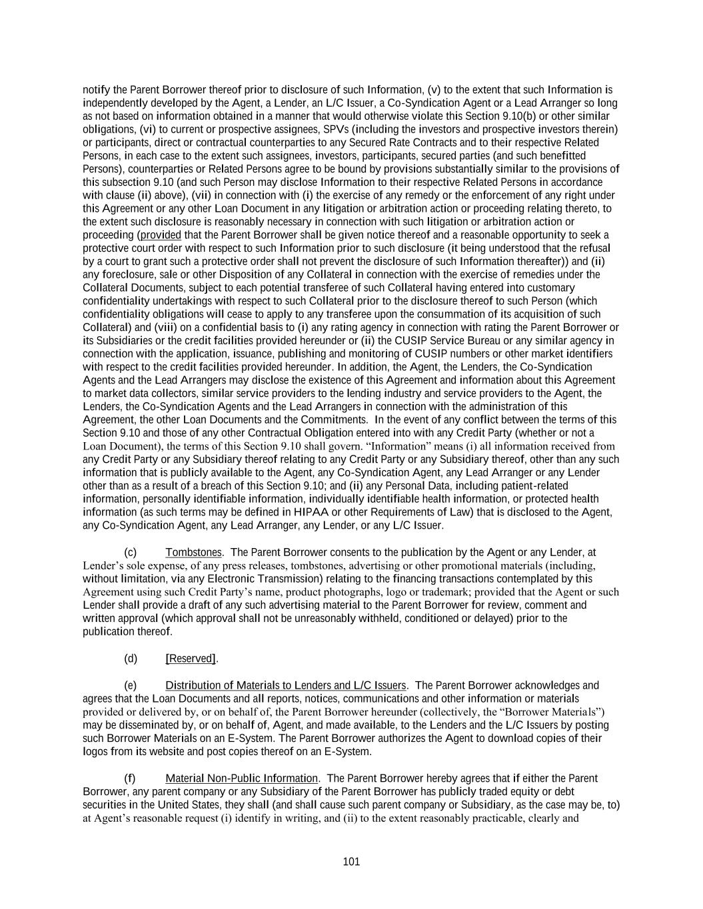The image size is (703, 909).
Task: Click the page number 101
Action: [351, 862]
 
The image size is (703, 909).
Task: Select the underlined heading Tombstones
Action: [193, 552]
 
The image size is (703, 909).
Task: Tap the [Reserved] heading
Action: [191, 659]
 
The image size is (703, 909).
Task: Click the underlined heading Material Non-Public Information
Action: [242, 778]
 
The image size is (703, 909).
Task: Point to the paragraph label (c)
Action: [131, 552]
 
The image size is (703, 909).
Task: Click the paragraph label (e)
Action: [131, 685]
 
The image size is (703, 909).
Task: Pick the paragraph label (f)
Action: [130, 778]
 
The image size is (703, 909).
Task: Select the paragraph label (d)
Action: [131, 659]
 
